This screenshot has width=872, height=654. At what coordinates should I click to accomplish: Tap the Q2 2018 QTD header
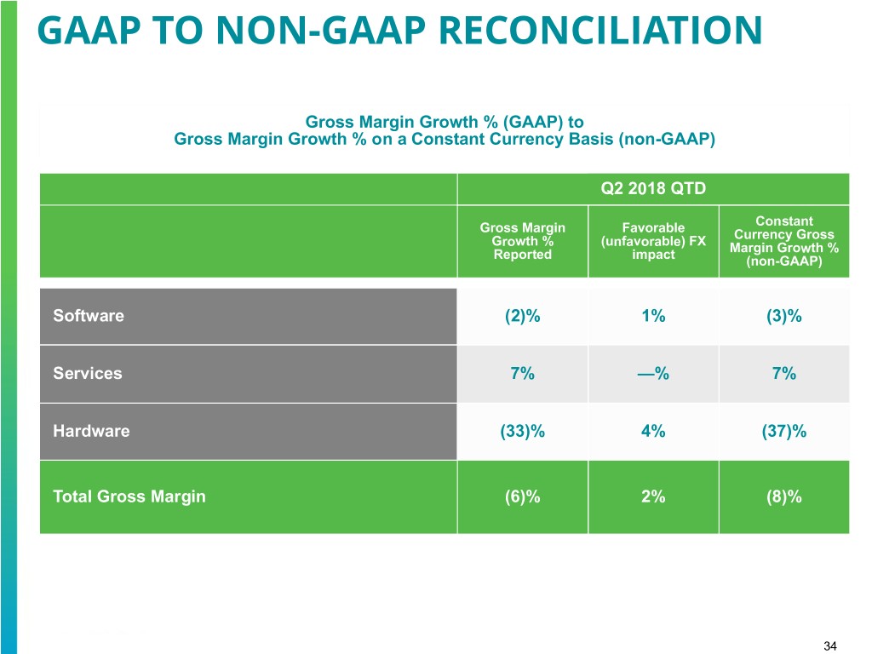pyautogui.click(x=653, y=189)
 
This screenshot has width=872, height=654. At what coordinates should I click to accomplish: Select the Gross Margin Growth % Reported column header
pyautogui.click(x=523, y=241)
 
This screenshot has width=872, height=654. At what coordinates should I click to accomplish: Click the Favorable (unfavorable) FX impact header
pyautogui.click(x=653, y=241)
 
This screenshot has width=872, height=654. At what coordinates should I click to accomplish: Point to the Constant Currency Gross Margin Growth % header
pyautogui.click(x=784, y=242)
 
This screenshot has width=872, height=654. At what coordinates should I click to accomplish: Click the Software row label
pyautogui.click(x=89, y=316)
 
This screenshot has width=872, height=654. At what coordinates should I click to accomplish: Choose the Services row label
pyautogui.click(x=88, y=373)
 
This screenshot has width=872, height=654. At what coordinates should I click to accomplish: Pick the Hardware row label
pyautogui.click(x=91, y=431)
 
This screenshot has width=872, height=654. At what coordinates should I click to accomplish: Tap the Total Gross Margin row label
pyautogui.click(x=129, y=496)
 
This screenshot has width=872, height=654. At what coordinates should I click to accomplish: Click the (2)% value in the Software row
pyautogui.click(x=523, y=316)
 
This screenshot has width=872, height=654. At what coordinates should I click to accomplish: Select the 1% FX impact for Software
pyautogui.click(x=653, y=316)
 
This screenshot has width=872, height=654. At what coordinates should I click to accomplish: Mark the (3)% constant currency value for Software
pyautogui.click(x=784, y=316)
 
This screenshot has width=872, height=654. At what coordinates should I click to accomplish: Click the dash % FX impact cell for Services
pyautogui.click(x=653, y=373)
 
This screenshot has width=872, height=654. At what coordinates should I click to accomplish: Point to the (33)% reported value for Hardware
pyautogui.click(x=523, y=431)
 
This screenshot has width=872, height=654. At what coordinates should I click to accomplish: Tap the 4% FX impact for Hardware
pyautogui.click(x=653, y=431)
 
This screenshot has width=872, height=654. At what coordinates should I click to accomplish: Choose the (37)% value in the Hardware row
pyautogui.click(x=784, y=431)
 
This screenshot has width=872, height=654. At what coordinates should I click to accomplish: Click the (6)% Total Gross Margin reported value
pyautogui.click(x=523, y=496)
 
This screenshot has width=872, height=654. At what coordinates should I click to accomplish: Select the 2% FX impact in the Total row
pyautogui.click(x=653, y=496)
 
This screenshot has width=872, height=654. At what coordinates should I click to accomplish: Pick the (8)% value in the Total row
pyautogui.click(x=784, y=496)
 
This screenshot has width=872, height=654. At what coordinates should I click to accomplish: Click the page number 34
pyautogui.click(x=831, y=647)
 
